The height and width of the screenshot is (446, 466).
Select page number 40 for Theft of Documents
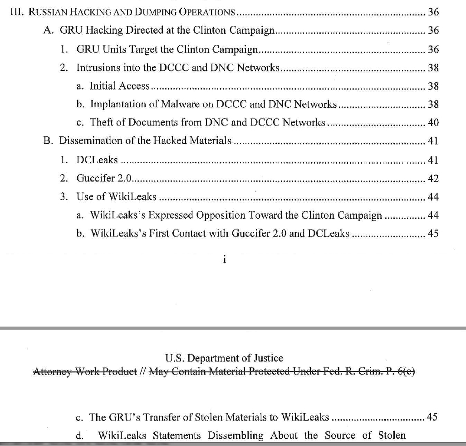coord(433,123)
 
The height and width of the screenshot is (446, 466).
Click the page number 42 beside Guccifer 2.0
coord(433,179)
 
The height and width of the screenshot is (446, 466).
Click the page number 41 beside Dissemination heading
coord(433,141)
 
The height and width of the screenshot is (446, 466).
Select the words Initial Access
coord(119,86)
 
